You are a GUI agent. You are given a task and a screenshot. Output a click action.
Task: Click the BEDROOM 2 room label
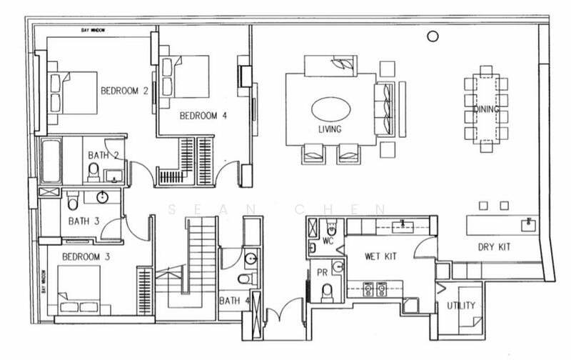[124, 91]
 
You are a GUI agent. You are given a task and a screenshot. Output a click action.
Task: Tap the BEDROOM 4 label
[203, 115]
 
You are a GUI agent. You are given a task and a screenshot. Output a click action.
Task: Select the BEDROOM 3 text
[85, 256]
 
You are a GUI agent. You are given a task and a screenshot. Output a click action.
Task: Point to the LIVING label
[330, 129]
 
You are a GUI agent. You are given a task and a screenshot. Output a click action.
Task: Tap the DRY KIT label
[493, 247]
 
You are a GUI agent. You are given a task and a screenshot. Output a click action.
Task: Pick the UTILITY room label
[460, 306]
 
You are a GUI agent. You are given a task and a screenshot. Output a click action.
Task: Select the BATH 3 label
[84, 221]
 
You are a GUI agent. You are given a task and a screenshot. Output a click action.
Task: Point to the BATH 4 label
[234, 300]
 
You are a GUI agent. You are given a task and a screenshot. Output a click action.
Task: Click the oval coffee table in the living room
[330, 110]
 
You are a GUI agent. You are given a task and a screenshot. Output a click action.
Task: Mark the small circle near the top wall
[433, 36]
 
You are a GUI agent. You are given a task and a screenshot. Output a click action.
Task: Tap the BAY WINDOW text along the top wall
[94, 31]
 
